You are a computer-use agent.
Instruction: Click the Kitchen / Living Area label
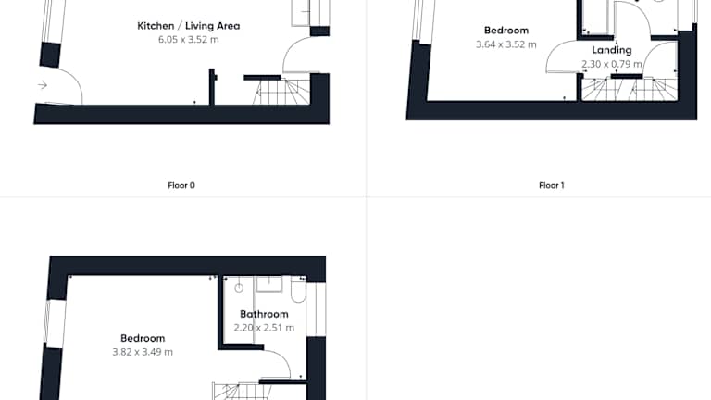[x=189, y=26]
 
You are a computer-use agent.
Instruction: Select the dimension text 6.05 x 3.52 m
[x=189, y=40]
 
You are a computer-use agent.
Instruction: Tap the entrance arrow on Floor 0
[x=43, y=85]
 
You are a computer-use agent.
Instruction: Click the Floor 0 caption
[x=181, y=185]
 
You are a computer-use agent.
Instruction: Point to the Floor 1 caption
[x=552, y=185]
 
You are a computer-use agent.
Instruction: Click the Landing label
[x=612, y=50]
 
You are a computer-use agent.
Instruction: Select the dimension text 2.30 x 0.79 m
[x=612, y=64]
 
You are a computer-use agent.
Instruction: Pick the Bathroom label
[x=264, y=314]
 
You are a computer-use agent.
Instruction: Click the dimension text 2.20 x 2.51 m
[x=264, y=328]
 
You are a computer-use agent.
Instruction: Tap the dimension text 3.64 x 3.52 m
[x=506, y=44]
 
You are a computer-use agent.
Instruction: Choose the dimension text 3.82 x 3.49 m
[x=143, y=352]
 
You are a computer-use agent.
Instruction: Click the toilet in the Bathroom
[x=298, y=290]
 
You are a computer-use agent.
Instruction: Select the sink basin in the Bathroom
[x=268, y=284]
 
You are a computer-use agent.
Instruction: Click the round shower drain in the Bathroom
[x=239, y=288]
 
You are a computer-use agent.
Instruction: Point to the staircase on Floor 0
[x=281, y=92]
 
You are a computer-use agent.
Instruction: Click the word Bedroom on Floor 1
[x=506, y=31]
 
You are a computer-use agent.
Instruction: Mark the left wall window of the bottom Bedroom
[x=55, y=323]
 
